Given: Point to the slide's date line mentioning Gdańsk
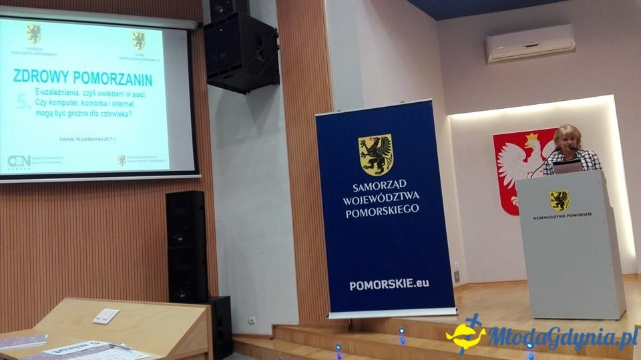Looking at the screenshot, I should (87, 139).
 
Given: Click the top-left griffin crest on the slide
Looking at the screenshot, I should (33, 33).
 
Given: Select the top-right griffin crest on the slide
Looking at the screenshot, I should (138, 40).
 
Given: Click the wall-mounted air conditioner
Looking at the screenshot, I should (529, 43).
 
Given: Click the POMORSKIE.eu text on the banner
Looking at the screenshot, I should (389, 284).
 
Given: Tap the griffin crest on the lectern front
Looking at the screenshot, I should (559, 200).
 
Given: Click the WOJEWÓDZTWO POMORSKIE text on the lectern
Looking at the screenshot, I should (562, 216).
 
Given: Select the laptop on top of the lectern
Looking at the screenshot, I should (567, 167).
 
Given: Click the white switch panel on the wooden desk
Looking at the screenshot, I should (105, 316).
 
